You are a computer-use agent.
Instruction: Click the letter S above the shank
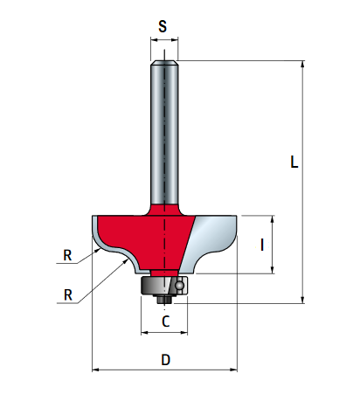(x=163, y=26)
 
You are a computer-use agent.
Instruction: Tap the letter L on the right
(x=294, y=162)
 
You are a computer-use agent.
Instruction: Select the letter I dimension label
(x=262, y=245)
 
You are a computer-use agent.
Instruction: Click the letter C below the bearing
(x=166, y=321)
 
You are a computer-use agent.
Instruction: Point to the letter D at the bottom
(x=166, y=360)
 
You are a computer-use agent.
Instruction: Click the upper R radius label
(x=67, y=255)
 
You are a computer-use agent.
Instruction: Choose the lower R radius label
(x=68, y=295)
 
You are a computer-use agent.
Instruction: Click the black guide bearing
(x=164, y=286)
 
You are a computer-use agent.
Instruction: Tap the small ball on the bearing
(x=180, y=286)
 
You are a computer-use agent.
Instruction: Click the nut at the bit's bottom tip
(x=164, y=299)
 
